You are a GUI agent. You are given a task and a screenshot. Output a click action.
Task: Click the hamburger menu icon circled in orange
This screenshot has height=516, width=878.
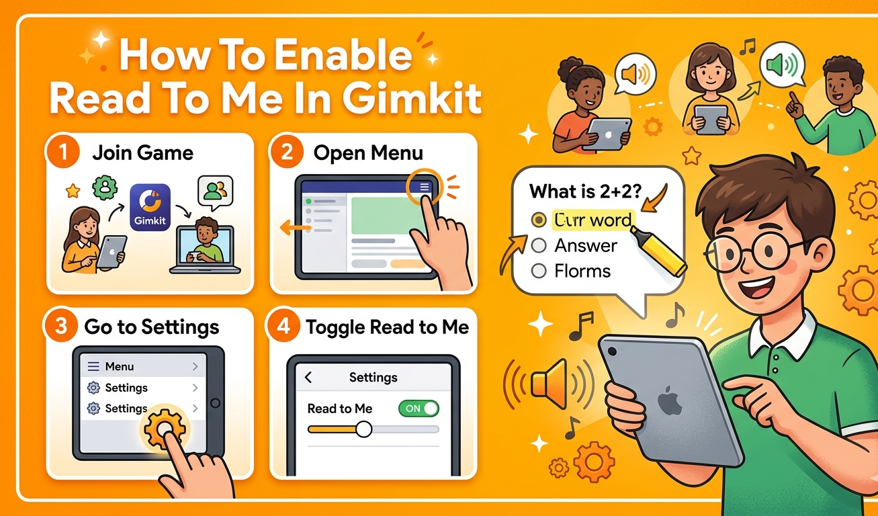425,187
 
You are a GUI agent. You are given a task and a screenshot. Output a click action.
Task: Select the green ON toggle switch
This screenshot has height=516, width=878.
418,408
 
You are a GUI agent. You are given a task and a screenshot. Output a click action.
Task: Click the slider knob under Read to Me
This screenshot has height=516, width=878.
363,429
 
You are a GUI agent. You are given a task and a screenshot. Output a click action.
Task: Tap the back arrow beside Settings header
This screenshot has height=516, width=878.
308,378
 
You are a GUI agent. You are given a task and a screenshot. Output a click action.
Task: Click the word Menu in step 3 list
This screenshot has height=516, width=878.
120,366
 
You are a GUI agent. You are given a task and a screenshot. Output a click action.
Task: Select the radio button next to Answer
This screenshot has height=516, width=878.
538,246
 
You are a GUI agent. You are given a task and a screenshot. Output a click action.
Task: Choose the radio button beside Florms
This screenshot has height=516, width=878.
538,271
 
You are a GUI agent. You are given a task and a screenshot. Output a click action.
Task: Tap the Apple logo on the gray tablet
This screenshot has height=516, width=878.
669,401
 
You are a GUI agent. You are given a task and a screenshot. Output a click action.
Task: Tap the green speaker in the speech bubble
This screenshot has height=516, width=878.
780,65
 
